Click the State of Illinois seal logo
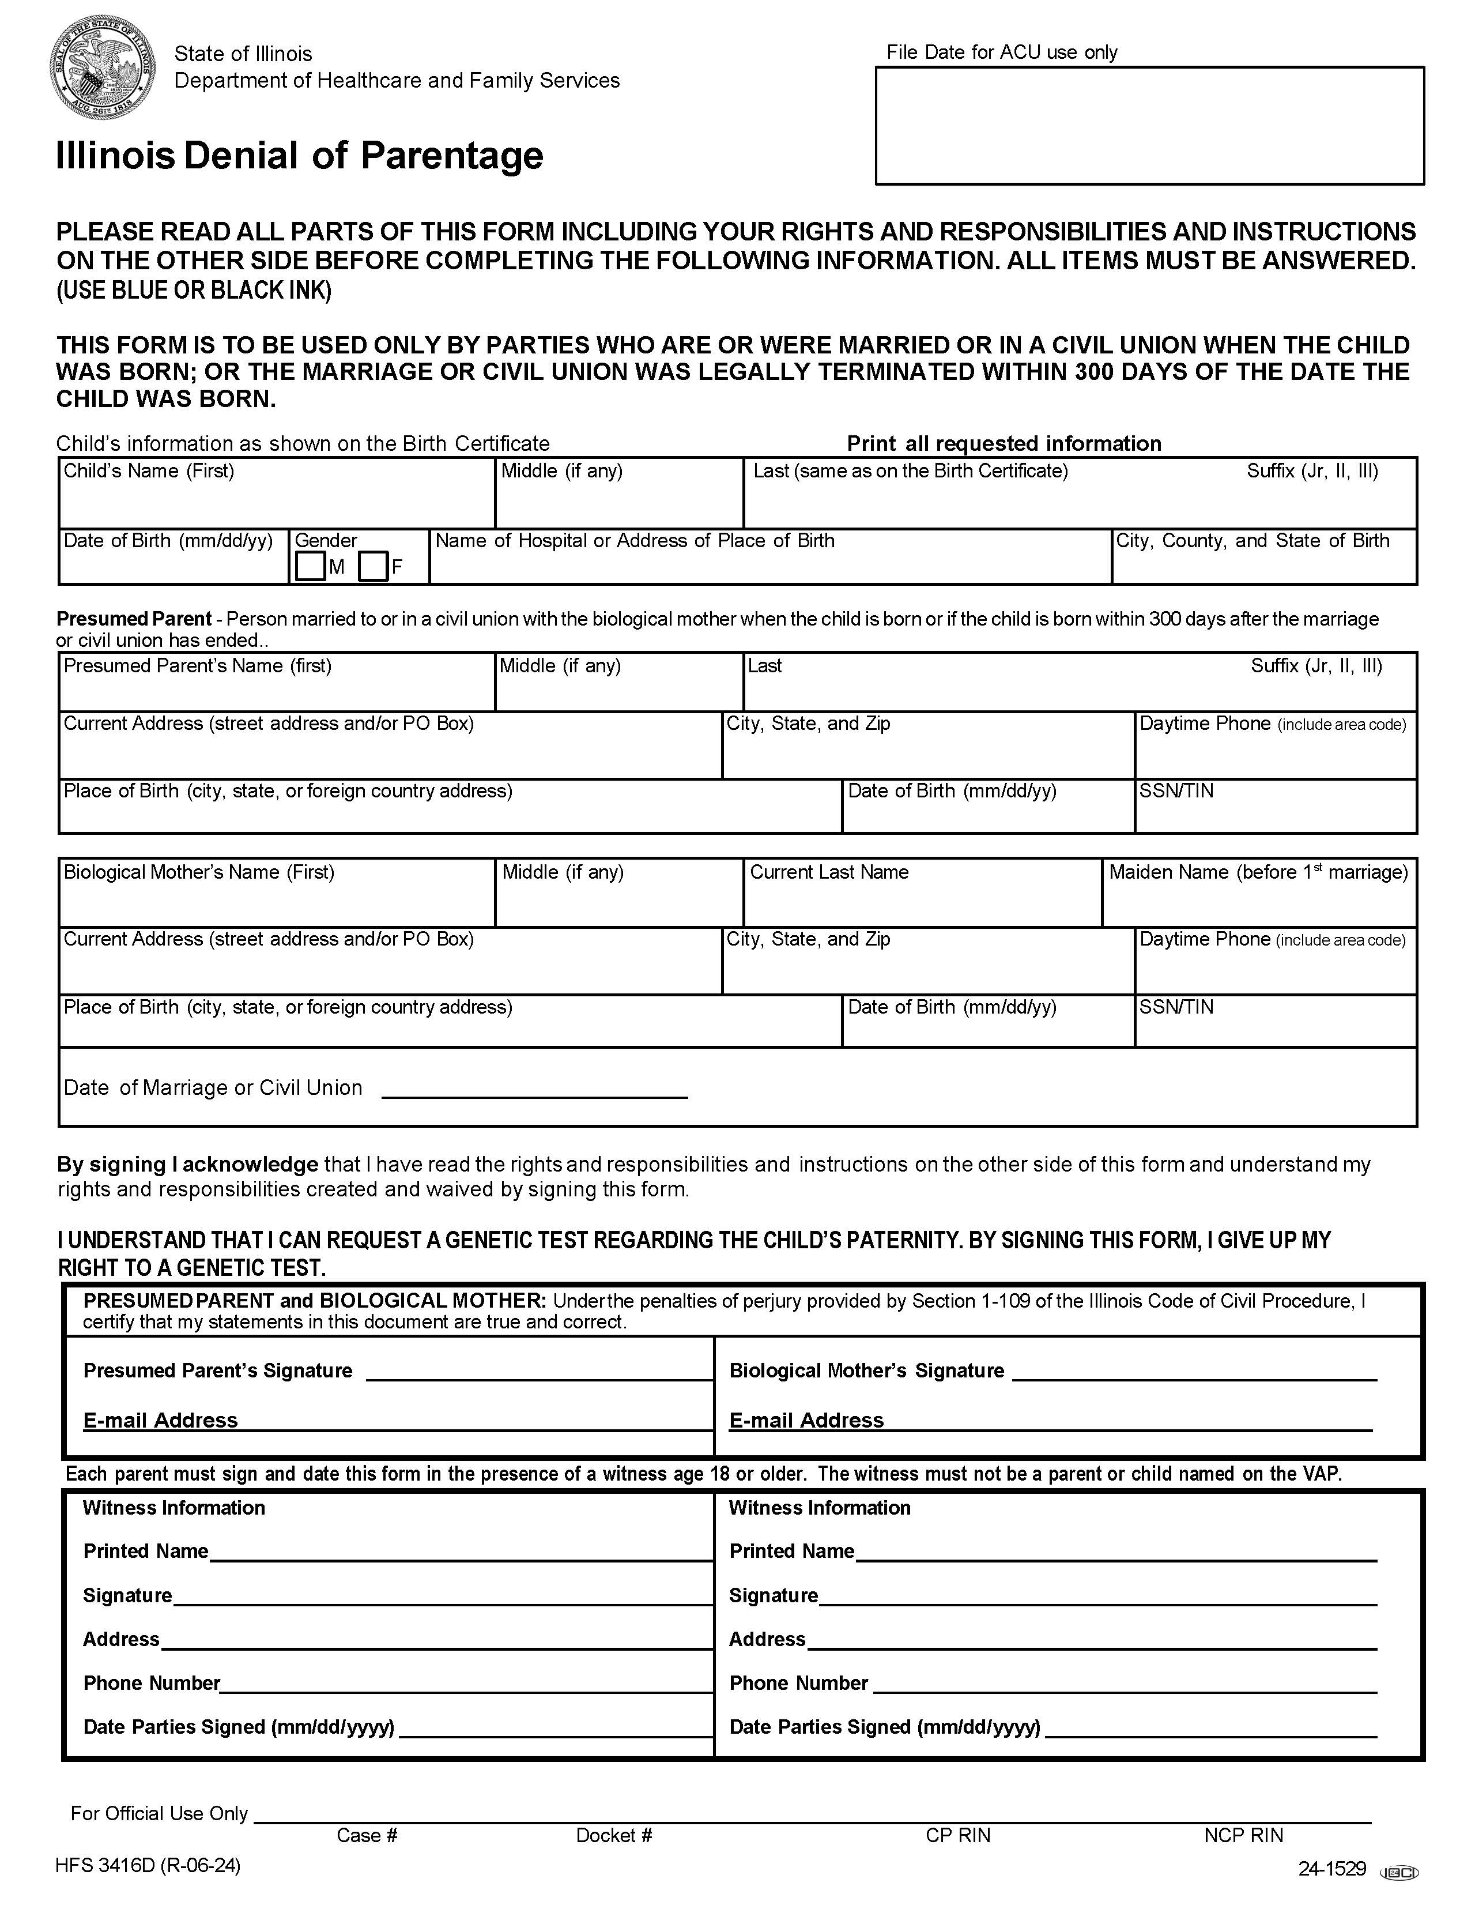pos(103,67)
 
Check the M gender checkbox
pos(310,566)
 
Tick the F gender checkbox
pos(373,566)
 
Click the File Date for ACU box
pos(1149,125)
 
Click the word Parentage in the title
pos(452,156)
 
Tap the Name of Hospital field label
pos(635,540)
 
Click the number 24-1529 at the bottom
pos(1331,1869)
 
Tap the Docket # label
pos(613,1835)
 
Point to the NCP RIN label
pos(1243,1835)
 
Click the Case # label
pos(367,1835)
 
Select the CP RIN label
pos(958,1835)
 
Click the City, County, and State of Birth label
pos(1252,540)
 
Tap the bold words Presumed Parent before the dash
pos(134,619)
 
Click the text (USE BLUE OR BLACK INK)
pos(194,290)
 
